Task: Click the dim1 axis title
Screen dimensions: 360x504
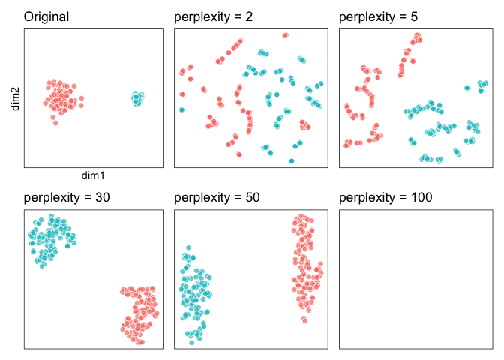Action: (94, 175)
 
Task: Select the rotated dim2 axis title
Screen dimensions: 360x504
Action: (14, 98)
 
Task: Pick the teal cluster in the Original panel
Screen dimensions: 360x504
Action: (137, 97)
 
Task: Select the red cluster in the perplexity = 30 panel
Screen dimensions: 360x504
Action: (139, 313)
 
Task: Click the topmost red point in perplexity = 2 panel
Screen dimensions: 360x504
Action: (286, 34)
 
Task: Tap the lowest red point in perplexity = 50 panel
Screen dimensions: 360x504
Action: (304, 320)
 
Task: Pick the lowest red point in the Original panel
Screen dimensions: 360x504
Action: (55, 122)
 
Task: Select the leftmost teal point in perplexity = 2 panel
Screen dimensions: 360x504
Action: (181, 109)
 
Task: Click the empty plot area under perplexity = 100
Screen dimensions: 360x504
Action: (409, 278)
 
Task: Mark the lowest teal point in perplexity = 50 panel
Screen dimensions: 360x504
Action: (191, 342)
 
